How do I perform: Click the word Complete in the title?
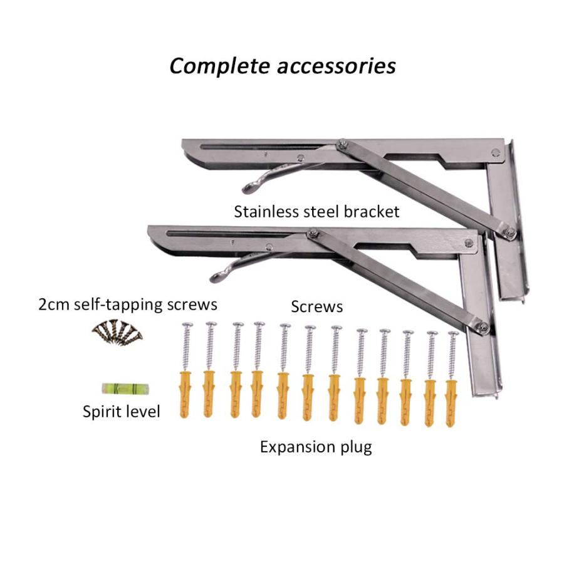(219, 67)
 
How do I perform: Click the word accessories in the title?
(337, 67)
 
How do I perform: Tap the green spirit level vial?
(125, 389)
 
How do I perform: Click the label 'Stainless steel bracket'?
(316, 212)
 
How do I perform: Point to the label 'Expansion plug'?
(316, 447)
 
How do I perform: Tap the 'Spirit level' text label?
(121, 412)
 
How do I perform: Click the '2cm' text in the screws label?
(54, 305)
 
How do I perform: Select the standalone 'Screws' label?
(316, 307)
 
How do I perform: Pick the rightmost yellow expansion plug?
(451, 403)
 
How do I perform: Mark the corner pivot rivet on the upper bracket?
(495, 152)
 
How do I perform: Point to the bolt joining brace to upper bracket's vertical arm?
(509, 232)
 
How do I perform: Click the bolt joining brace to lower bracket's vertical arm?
(483, 326)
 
